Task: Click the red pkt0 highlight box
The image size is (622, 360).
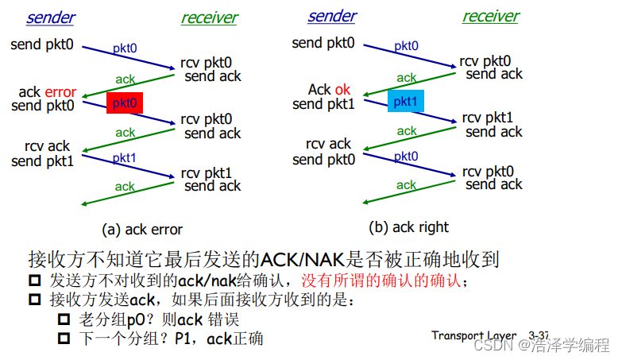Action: pos(124,103)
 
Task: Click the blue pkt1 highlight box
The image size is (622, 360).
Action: pos(406,101)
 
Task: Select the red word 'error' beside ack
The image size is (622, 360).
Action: pos(60,92)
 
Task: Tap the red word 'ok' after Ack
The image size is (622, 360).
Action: pos(342,90)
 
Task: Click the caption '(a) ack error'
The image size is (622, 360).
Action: pos(142,230)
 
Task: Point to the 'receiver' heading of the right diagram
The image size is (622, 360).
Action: pos(490,16)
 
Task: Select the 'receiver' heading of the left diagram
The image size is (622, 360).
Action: pos(209,17)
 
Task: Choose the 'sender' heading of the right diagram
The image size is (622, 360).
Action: pos(332,16)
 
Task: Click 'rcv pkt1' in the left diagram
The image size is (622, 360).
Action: pos(206,172)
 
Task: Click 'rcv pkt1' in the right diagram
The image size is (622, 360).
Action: pos(488,118)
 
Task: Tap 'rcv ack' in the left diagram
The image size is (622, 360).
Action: pos(47,146)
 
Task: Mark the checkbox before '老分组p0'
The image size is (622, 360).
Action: pos(64,320)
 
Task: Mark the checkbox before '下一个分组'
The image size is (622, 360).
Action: pos(64,339)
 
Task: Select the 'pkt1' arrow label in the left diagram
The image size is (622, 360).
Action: pos(124,158)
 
